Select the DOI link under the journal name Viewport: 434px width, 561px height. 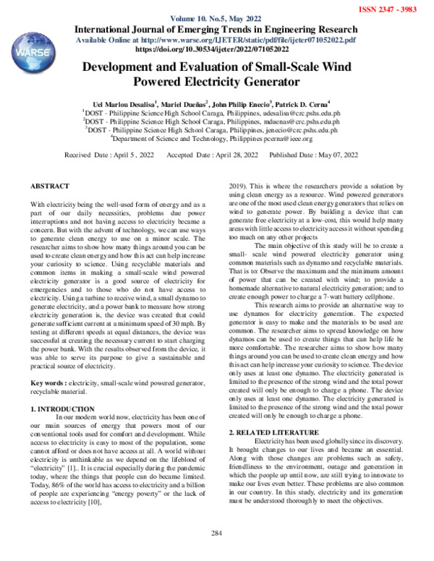(x=216, y=50)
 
